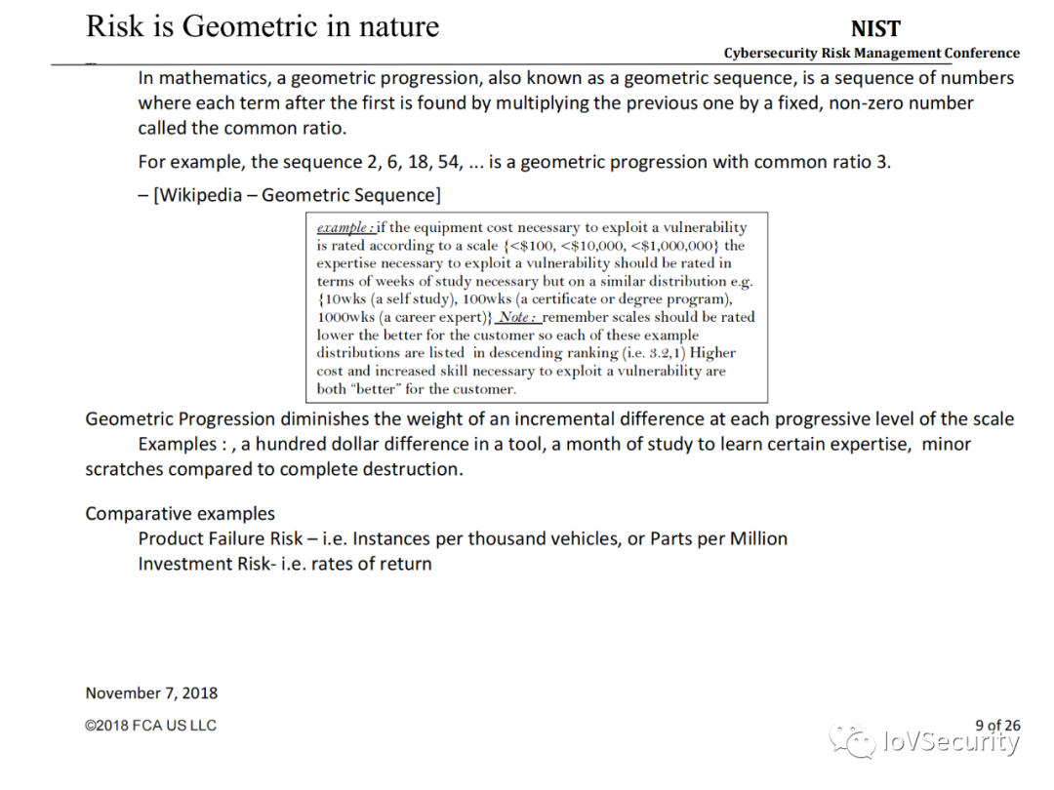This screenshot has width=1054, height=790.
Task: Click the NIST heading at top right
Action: click(875, 29)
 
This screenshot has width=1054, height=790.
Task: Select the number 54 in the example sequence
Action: click(450, 162)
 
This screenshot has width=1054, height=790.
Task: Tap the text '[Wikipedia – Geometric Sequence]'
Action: click(297, 195)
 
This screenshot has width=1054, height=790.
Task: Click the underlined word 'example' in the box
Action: click(343, 227)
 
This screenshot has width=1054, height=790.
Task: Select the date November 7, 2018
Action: click(151, 693)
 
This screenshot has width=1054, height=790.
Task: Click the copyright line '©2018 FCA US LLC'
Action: click(150, 726)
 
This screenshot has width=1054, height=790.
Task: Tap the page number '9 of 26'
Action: click(997, 725)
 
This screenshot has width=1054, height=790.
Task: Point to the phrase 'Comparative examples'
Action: click(181, 514)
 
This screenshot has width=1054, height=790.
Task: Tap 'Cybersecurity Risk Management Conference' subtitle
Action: click(872, 54)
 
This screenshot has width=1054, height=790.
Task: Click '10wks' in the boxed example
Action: click(344, 299)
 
